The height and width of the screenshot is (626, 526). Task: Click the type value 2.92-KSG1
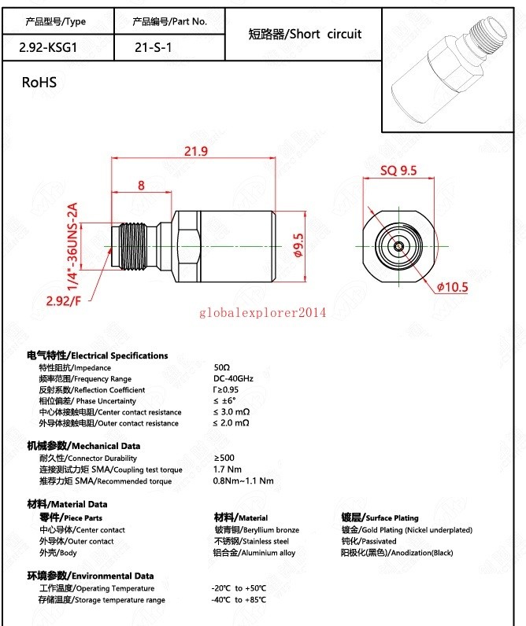[x=48, y=47]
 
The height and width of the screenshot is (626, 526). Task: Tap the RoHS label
[x=39, y=82]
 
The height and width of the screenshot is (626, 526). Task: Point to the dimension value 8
[x=141, y=186]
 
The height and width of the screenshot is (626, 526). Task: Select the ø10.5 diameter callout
[x=452, y=287]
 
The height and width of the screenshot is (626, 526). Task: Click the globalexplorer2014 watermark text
[x=262, y=313]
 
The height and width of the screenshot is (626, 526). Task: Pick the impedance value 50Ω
[x=221, y=367]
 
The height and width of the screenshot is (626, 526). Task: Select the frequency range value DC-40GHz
[x=233, y=379]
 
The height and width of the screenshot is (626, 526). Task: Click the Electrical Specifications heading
[x=98, y=355]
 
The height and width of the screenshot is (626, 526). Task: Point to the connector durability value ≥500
[x=224, y=458]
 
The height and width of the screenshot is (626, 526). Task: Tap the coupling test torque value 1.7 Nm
[x=228, y=469]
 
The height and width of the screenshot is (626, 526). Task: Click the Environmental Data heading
[x=91, y=576]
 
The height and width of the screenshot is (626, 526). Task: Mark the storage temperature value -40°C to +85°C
[x=239, y=600]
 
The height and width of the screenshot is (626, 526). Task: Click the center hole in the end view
[x=398, y=247]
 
